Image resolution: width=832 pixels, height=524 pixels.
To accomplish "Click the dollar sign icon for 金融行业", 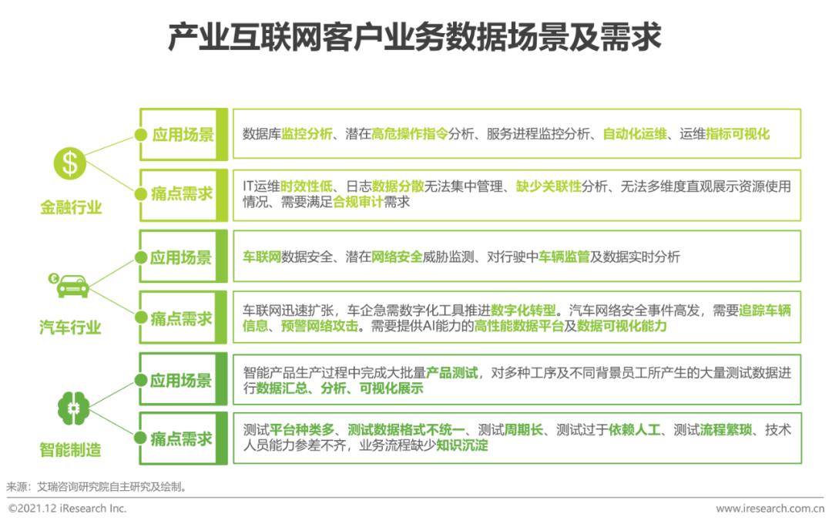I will [x=70, y=163].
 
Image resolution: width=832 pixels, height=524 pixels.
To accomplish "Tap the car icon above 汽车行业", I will [x=71, y=284].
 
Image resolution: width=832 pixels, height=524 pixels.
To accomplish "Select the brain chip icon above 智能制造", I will [x=73, y=408].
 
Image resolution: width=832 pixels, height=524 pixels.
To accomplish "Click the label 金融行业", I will [x=71, y=207].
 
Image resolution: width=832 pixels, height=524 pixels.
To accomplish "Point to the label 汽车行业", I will [x=70, y=328].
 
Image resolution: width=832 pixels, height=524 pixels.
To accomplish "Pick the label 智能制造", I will [x=70, y=449].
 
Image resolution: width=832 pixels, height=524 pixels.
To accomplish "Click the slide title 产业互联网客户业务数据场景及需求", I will [x=415, y=37].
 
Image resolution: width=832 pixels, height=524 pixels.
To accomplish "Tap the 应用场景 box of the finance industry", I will [x=183, y=134].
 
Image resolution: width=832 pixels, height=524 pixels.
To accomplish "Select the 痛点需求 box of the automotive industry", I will [x=183, y=317].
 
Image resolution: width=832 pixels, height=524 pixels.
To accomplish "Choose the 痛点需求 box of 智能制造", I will [x=183, y=438].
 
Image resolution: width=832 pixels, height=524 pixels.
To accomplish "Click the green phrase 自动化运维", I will [x=634, y=134].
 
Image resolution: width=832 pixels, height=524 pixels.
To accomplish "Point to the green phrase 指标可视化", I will [x=737, y=134].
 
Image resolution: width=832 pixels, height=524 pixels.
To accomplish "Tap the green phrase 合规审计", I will [x=358, y=202].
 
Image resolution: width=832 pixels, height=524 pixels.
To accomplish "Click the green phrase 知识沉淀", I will [x=461, y=445].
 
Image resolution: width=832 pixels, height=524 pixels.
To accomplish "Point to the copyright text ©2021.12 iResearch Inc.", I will [x=68, y=509].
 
